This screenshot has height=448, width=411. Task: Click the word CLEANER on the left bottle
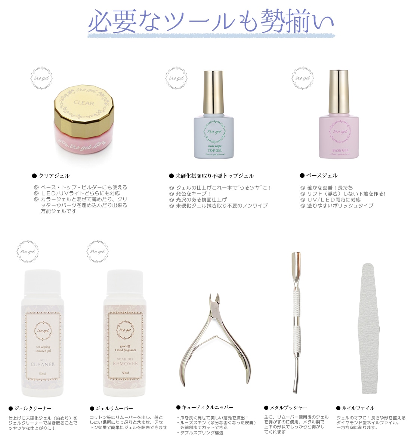pos(43,364)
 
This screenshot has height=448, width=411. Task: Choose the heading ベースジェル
pos(322,176)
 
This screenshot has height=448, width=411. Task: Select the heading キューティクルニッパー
pos(207,407)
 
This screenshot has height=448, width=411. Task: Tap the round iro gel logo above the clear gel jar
pos(41,78)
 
